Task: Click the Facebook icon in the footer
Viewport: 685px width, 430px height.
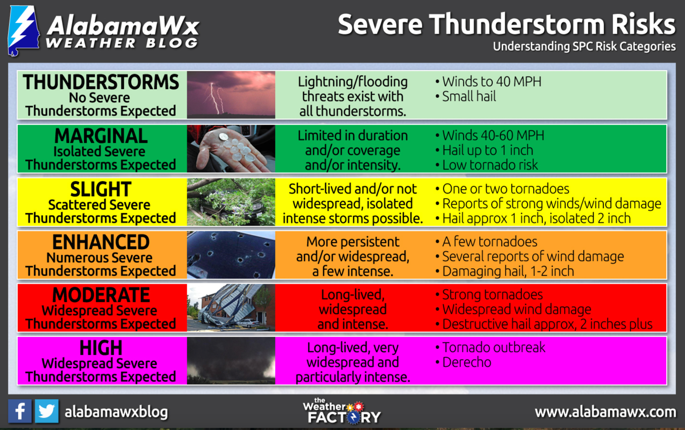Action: click(20, 411)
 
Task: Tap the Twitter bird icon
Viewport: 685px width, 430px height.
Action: click(46, 411)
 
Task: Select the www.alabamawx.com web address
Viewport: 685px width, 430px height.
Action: click(605, 412)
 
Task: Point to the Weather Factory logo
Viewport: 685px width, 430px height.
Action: click(342, 411)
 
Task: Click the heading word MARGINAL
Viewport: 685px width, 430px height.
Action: click(101, 136)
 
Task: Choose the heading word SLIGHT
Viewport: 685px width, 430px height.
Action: click(101, 190)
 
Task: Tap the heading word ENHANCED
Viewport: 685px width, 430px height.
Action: click(101, 242)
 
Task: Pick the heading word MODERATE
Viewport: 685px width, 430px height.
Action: click(101, 295)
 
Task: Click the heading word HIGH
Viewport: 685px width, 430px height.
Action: click(101, 348)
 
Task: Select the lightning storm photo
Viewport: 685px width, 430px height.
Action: click(231, 95)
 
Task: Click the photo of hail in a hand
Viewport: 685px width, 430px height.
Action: click(231, 148)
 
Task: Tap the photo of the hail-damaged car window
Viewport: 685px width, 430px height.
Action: click(231, 255)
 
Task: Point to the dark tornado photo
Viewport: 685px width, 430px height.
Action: click(231, 360)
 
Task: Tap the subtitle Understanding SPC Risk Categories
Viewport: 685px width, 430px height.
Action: click(585, 46)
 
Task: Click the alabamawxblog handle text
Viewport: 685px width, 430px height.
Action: click(116, 412)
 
